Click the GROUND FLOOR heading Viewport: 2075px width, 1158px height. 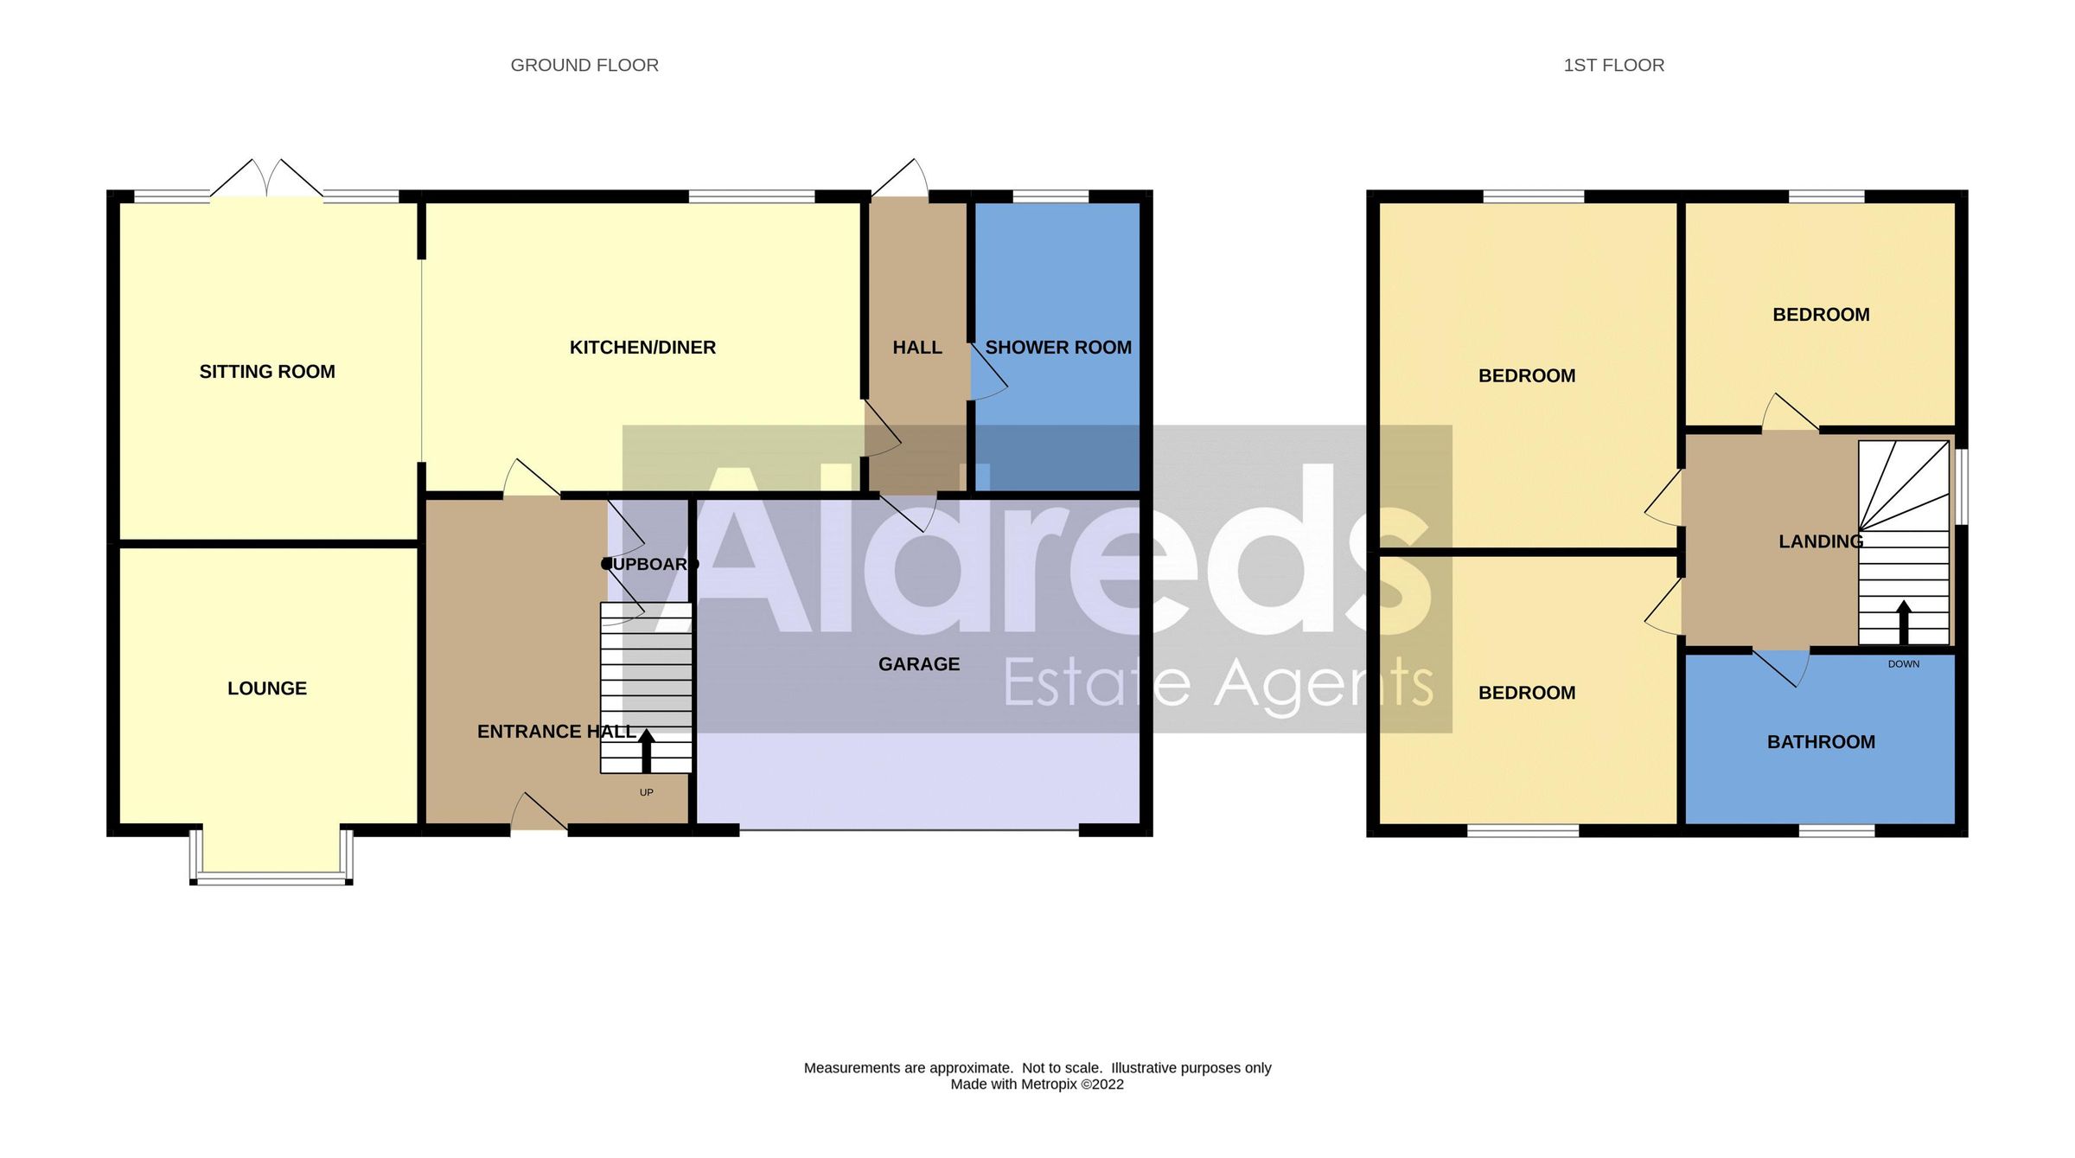[x=584, y=66]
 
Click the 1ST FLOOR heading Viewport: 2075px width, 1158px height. [x=1613, y=66]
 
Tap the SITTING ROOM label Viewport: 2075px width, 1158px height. [x=267, y=372]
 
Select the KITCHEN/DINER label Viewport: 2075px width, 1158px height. [x=642, y=348]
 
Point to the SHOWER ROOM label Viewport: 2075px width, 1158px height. [x=1058, y=348]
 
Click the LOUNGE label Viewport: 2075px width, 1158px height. [x=267, y=688]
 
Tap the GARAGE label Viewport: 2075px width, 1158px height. [x=919, y=664]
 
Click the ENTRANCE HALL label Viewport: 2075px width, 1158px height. [x=557, y=732]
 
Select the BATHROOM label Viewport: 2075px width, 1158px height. [x=1821, y=742]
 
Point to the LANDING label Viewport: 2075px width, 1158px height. [x=1821, y=541]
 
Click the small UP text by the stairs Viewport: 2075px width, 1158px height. [x=646, y=792]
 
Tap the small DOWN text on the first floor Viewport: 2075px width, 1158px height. [x=1903, y=664]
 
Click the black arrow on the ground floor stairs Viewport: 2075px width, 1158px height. [x=646, y=749]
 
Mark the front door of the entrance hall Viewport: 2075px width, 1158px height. [x=538, y=815]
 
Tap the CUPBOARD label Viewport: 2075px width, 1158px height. [x=650, y=565]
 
